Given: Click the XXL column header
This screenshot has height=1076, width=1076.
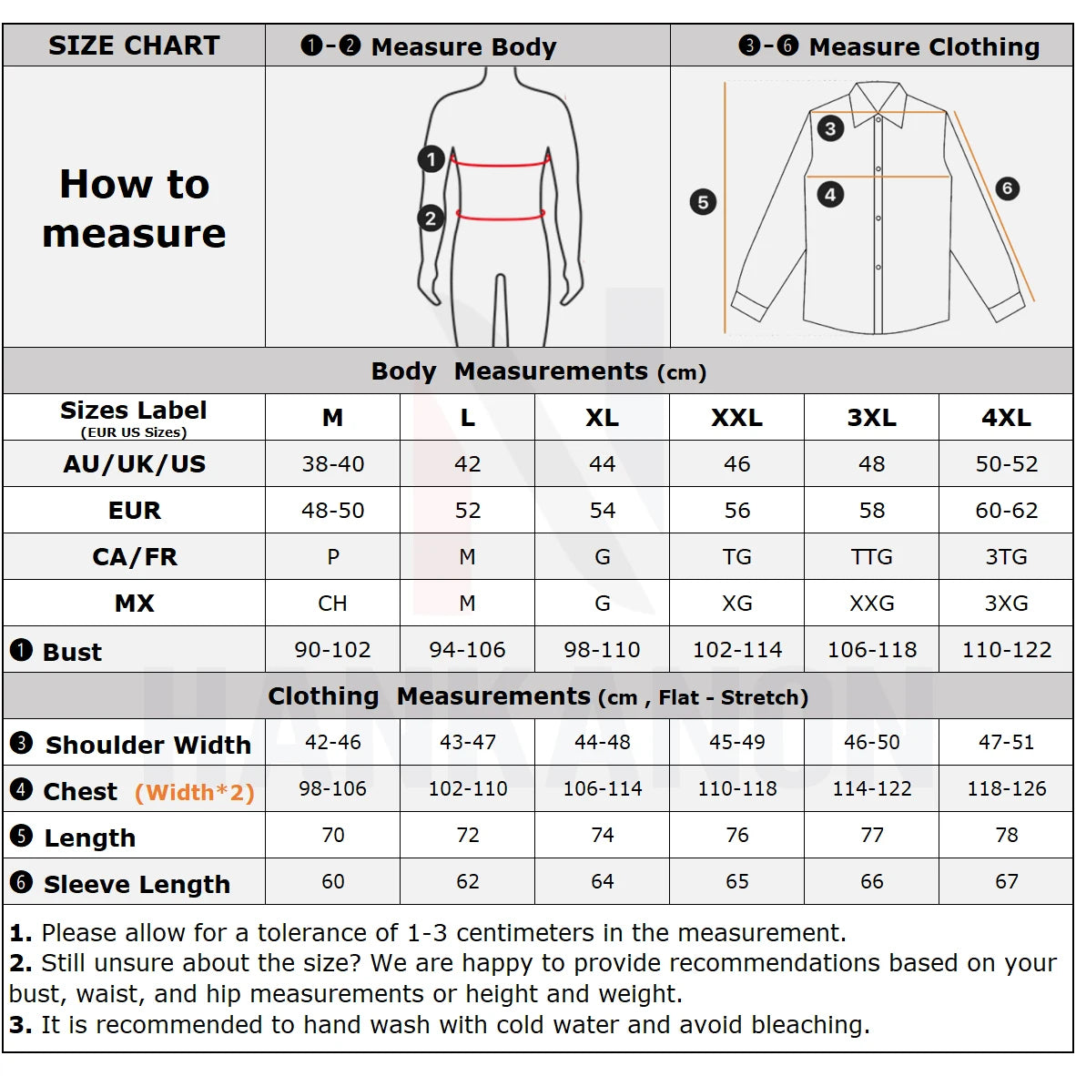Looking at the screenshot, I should click(x=736, y=418).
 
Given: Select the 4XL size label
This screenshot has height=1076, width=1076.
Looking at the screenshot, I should click(x=1006, y=418).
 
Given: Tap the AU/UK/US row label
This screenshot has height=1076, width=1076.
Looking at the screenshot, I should click(x=134, y=464).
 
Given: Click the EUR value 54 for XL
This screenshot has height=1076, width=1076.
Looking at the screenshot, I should click(x=602, y=511).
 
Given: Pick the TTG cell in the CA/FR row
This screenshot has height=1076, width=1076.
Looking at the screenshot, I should click(x=871, y=557).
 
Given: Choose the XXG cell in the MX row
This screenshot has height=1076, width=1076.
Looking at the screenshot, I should click(x=871, y=604).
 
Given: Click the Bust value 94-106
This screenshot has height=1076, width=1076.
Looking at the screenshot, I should click(x=467, y=650).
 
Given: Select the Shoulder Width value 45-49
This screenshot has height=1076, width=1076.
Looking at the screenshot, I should click(x=736, y=743).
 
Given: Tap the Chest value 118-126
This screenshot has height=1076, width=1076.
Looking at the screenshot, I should click(x=1006, y=789).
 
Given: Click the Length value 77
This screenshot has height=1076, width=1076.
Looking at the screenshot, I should click(x=871, y=836).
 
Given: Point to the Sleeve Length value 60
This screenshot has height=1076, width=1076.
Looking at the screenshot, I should click(x=333, y=882).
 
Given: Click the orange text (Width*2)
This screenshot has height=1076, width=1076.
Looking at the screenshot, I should click(x=194, y=793).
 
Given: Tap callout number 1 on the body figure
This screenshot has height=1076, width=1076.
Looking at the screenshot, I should click(x=431, y=159).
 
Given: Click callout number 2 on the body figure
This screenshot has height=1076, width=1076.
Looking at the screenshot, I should click(x=431, y=218).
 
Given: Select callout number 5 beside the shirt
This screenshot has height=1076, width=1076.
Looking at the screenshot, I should click(x=703, y=202).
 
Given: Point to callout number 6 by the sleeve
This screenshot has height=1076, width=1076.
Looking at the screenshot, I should click(x=1006, y=188).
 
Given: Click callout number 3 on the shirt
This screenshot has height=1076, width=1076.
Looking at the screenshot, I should click(x=829, y=128).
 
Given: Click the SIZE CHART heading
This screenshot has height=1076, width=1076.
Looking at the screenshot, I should click(x=134, y=46).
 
